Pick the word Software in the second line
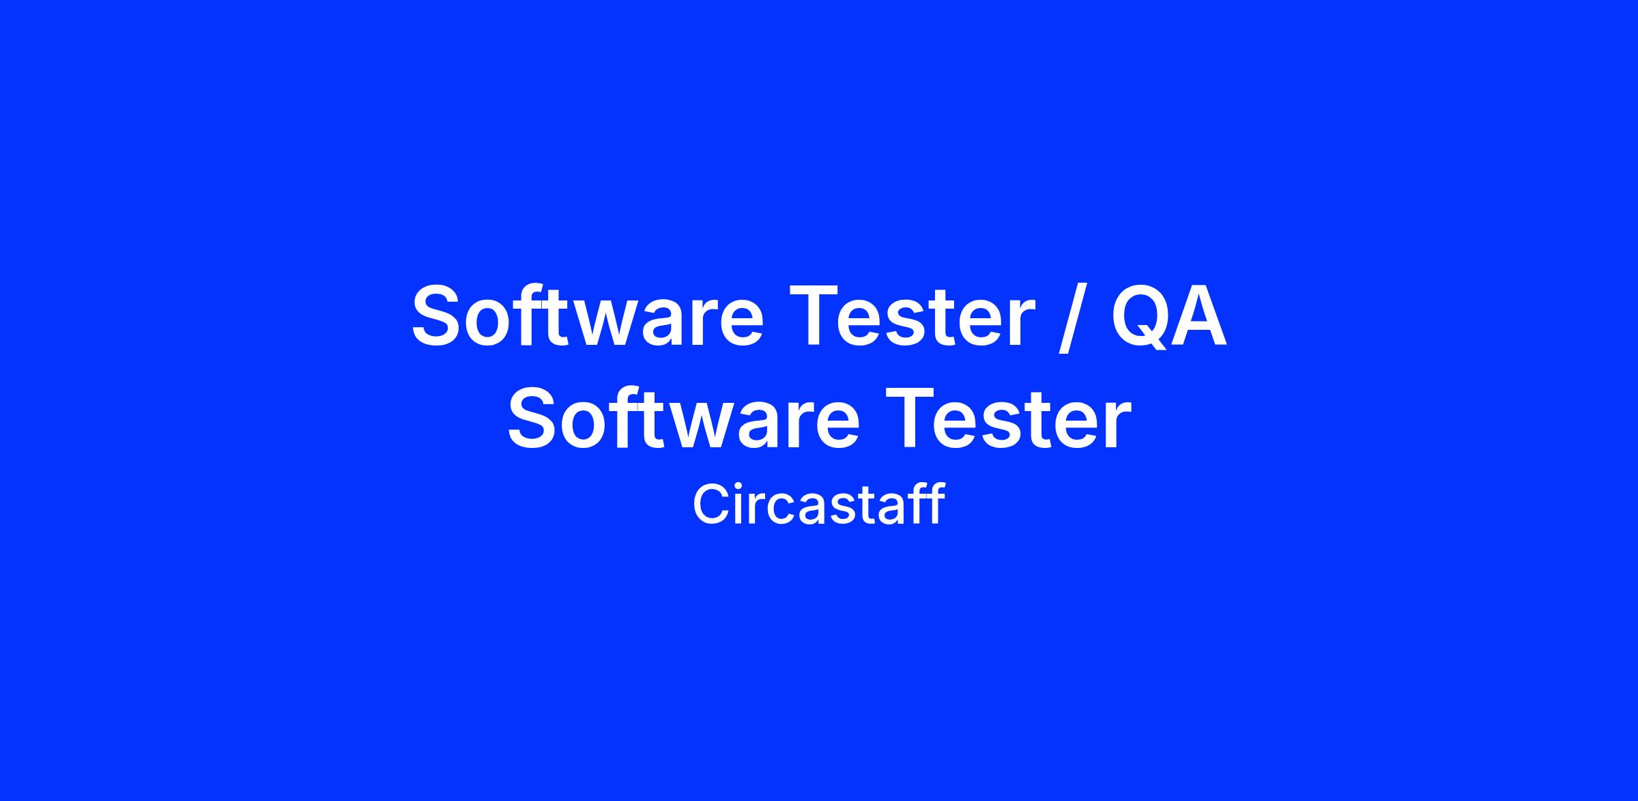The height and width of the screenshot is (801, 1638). (683, 418)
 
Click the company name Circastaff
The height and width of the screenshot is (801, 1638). (819, 504)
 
